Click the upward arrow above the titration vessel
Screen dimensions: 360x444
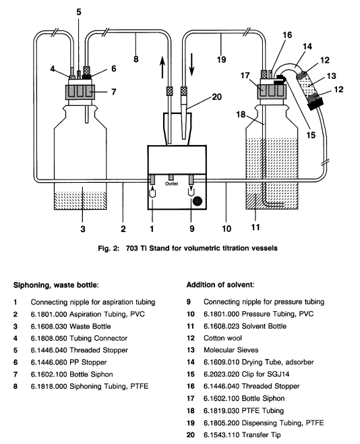coord(162,67)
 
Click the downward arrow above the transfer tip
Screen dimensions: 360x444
coord(191,65)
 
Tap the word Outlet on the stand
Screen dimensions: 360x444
coord(171,184)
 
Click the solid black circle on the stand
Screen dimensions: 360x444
coord(197,201)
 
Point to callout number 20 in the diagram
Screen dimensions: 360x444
coord(216,97)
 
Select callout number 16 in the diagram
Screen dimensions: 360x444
coord(287,35)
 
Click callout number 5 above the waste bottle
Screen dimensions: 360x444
coord(79,12)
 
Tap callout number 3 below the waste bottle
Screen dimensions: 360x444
coord(82,229)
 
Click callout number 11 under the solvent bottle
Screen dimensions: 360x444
coord(256,227)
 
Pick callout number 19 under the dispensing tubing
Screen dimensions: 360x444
coord(221,59)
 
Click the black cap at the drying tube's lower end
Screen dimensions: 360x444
coord(316,104)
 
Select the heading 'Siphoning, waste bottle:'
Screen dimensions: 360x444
coord(56,285)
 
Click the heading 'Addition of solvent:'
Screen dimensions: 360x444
coord(220,284)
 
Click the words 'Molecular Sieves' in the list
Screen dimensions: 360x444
coord(231,350)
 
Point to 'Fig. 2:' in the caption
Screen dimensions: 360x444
coord(109,248)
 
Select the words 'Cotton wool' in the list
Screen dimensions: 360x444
coord(222,338)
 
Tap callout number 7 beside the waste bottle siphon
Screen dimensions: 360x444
coord(113,92)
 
